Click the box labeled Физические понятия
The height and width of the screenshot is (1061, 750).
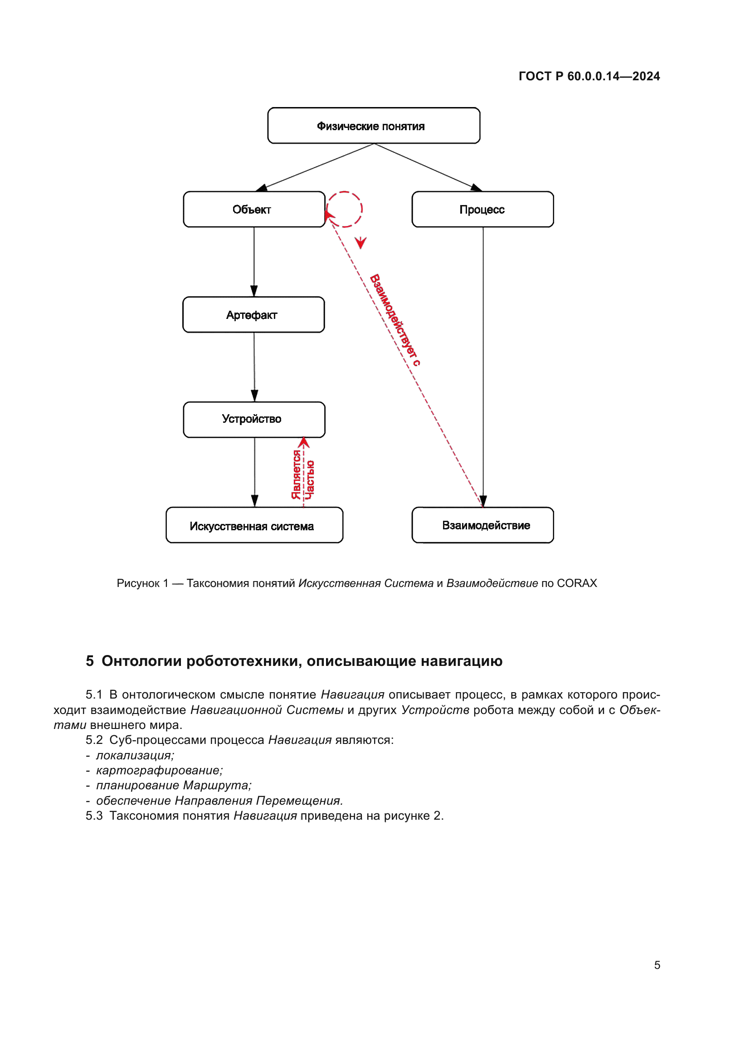pyautogui.click(x=374, y=126)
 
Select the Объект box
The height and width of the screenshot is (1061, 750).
pyautogui.click(x=254, y=209)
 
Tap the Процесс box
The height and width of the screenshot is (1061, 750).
pyautogui.click(x=482, y=209)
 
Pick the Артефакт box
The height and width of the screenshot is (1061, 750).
pyautogui.click(x=253, y=315)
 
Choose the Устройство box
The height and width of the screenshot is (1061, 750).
pyautogui.click(x=254, y=419)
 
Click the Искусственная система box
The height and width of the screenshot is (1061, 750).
pyautogui.click(x=254, y=525)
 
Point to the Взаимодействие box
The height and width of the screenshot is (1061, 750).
pyautogui.click(x=482, y=525)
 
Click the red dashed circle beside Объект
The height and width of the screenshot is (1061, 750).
pyautogui.click(x=345, y=209)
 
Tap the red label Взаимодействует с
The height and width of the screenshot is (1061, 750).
pyautogui.click(x=395, y=320)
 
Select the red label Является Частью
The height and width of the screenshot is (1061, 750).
pyautogui.click(x=303, y=474)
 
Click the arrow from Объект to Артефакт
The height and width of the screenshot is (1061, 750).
pyautogui.click(x=254, y=262)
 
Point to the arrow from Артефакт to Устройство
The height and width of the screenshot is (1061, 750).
pyautogui.click(x=254, y=367)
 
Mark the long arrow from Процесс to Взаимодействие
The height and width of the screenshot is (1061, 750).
pyautogui.click(x=483, y=367)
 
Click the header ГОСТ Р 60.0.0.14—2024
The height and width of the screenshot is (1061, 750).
pyautogui.click(x=589, y=76)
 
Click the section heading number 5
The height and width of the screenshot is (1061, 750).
pyautogui.click(x=90, y=661)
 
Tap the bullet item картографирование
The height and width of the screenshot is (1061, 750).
pyautogui.click(x=159, y=770)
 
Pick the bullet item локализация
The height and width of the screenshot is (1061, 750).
pyautogui.click(x=135, y=755)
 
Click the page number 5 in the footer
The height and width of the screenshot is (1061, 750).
pyautogui.click(x=657, y=965)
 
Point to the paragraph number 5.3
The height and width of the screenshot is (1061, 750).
pyautogui.click(x=94, y=816)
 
